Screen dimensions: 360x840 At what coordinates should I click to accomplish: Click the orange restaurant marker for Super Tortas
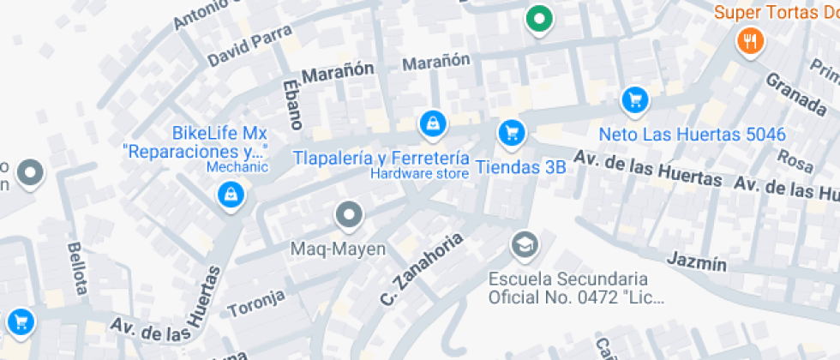coord(750,39)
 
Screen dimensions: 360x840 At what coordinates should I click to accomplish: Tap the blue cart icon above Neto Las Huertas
coord(634,100)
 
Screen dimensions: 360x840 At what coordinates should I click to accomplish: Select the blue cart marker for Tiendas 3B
coord(511,132)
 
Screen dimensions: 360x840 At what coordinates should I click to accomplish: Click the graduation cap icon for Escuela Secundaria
coord(521,246)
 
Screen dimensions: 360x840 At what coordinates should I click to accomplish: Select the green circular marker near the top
coord(538,18)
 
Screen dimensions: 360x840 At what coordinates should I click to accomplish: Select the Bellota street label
coord(76,267)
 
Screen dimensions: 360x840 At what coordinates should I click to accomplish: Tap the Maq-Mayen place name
coord(339,249)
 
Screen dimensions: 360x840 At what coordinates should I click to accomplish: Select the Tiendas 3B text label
coord(520,167)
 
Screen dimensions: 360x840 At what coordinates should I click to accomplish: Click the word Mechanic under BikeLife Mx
coord(237,167)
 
